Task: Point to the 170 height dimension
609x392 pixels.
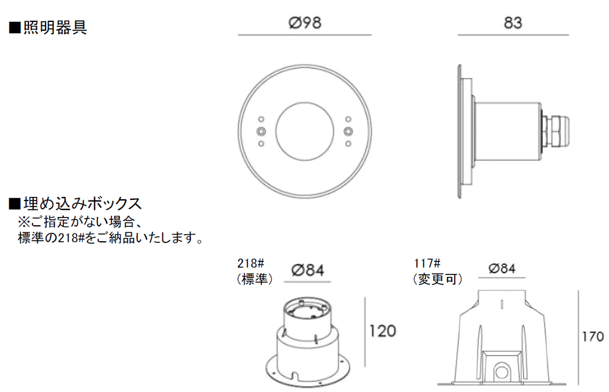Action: click(x=593, y=338)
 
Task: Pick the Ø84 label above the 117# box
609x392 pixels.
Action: click(x=503, y=268)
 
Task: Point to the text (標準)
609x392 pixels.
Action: click(x=254, y=279)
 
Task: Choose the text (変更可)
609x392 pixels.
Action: click(x=437, y=279)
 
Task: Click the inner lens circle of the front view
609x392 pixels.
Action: click(x=305, y=131)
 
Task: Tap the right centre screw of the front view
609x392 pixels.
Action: click(x=349, y=131)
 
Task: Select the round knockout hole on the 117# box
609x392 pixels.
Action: click(x=502, y=373)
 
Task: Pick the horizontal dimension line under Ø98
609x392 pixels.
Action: click(x=304, y=35)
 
